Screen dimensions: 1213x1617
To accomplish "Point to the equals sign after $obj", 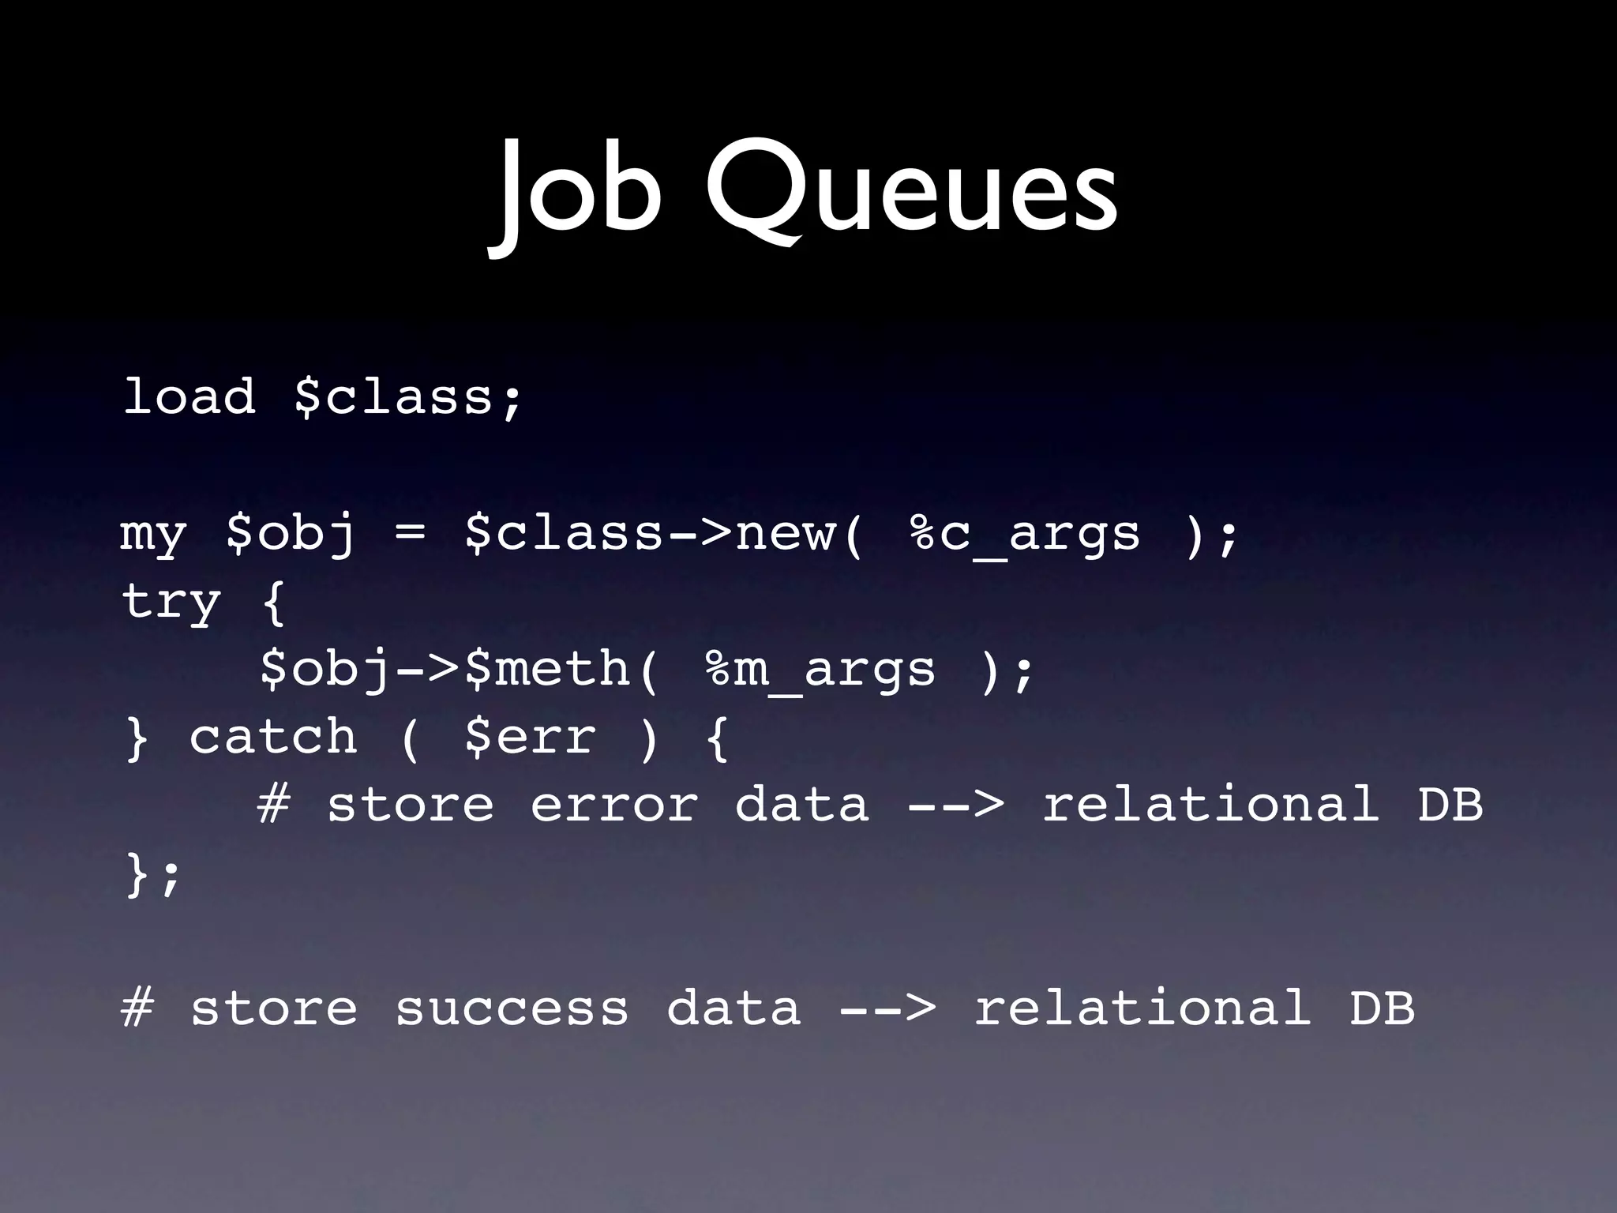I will click(410, 534).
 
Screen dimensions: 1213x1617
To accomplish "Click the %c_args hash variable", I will click(1025, 534).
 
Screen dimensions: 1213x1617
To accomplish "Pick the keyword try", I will click(171, 603).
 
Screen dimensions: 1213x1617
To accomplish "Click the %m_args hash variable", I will click(821, 670).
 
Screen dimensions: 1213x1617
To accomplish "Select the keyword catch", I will click(272, 738).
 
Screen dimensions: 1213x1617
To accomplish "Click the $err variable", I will click(530, 738).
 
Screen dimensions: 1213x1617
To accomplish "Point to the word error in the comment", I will click(614, 806).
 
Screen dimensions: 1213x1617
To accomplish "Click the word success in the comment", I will click(512, 1009).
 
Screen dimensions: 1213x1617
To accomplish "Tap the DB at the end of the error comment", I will click(1450, 806).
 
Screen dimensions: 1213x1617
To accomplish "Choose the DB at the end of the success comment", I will click(1382, 1009).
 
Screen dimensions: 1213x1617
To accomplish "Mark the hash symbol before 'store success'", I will click(137, 1009).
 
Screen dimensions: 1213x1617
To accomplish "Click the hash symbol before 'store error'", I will click(274, 806).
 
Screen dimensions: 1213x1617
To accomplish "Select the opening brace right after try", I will click(273, 603).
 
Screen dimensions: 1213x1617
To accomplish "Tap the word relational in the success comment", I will click(1142, 1009).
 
